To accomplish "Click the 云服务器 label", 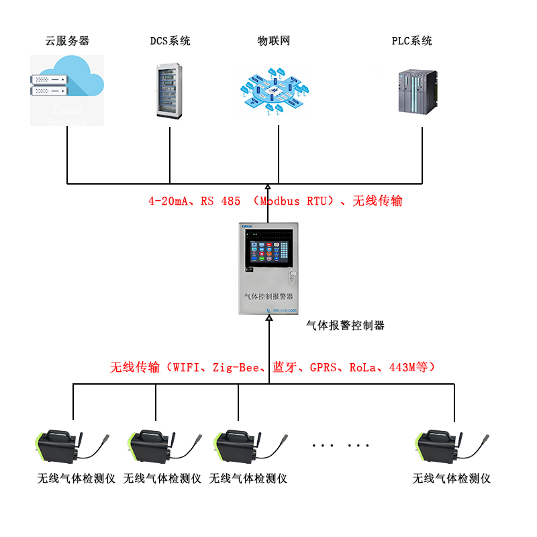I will point(67,41).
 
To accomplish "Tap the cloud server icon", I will point(67,90).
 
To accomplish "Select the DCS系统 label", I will point(170,41).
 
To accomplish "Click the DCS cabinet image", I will point(170,91).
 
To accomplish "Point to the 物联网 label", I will point(274,41).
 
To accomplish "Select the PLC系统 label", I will point(412,41).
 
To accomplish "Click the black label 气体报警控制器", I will point(345,326).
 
